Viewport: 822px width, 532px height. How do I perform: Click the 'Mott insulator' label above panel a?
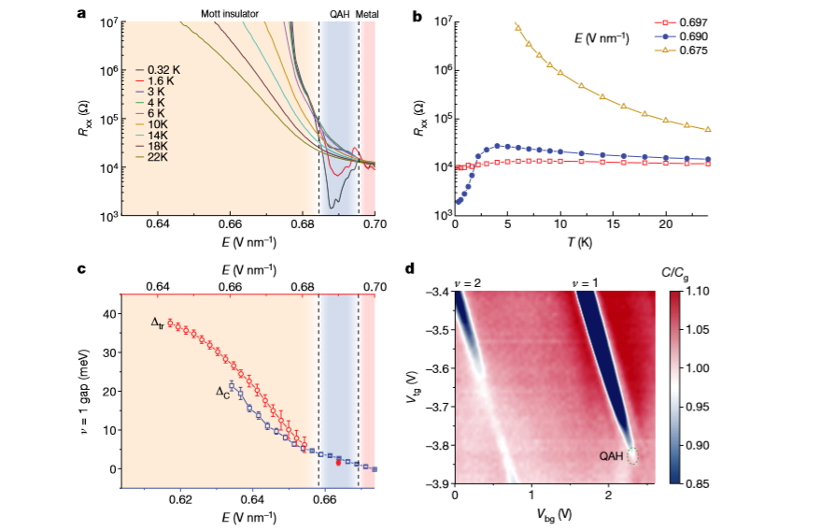click(x=230, y=14)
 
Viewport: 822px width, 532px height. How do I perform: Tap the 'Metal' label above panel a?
click(x=368, y=14)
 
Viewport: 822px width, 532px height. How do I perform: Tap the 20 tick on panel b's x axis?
click(x=666, y=225)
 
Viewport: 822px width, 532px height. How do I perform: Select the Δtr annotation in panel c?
click(x=159, y=323)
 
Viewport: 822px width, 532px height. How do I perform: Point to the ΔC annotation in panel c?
click(x=223, y=394)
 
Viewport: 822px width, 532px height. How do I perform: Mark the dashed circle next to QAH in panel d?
click(x=633, y=456)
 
